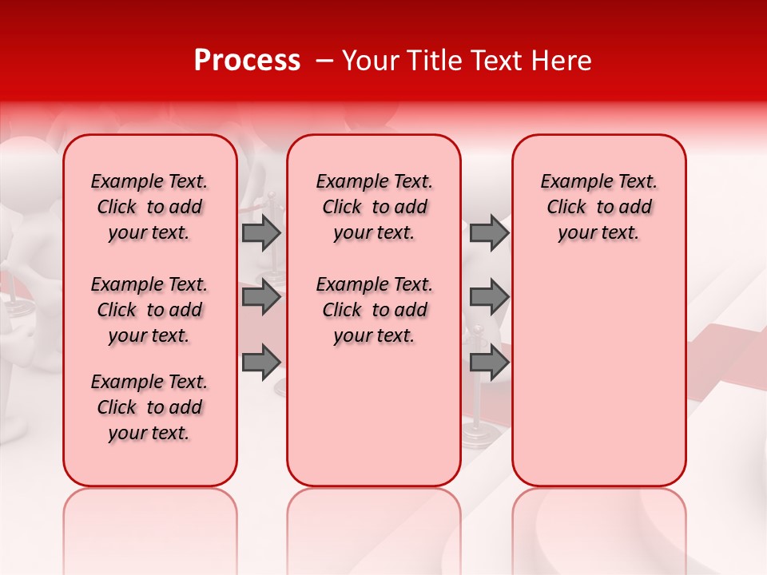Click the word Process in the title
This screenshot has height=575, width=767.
tap(247, 61)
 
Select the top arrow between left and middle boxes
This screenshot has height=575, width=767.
tap(260, 233)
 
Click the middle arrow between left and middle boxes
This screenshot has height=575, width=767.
tap(260, 298)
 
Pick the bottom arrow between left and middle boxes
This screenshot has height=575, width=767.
tap(260, 363)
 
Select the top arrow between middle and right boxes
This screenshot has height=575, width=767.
tap(489, 233)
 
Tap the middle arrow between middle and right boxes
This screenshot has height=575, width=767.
tap(489, 298)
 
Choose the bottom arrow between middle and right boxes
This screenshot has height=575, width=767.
tap(489, 363)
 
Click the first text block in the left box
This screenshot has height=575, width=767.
tap(149, 207)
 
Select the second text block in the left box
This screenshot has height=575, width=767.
tap(149, 310)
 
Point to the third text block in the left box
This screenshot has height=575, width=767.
tap(149, 407)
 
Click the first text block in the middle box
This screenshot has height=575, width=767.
tap(374, 207)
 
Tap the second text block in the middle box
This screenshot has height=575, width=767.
tap(374, 310)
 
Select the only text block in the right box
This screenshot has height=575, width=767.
tap(598, 207)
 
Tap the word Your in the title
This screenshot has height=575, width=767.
tap(367, 61)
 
